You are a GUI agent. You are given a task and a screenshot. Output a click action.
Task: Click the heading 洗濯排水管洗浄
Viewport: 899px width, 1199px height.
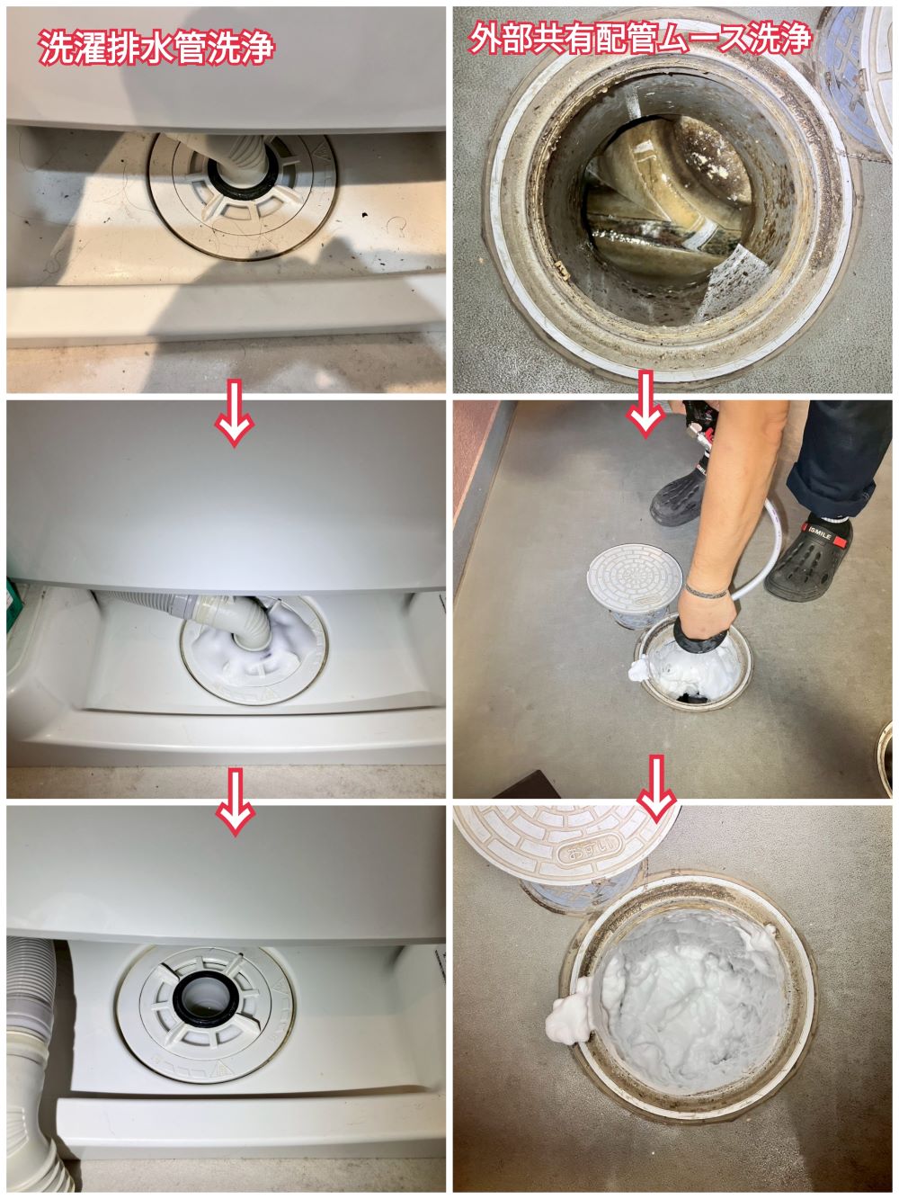pos(156,47)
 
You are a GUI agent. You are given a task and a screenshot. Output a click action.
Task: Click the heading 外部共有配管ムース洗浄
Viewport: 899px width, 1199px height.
pos(640,38)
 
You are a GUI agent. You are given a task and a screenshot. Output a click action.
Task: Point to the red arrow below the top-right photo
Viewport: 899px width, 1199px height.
pos(645,404)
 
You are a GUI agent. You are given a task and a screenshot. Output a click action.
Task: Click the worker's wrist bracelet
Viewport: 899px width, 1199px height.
pos(706,590)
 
